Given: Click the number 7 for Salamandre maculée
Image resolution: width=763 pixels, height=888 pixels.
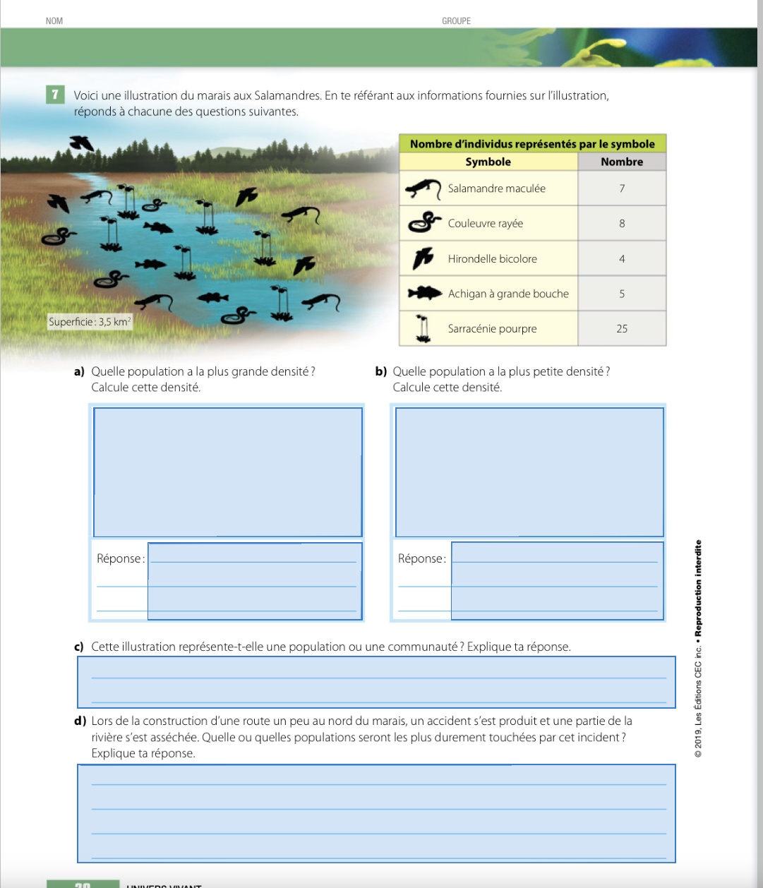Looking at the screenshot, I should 622,188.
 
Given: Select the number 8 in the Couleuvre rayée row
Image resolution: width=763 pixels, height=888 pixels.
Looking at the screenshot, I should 622,224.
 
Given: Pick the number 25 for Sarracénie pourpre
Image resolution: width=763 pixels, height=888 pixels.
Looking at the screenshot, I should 622,329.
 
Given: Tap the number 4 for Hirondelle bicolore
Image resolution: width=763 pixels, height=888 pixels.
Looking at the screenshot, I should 622,259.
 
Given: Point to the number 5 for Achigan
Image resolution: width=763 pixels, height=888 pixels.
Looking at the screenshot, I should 622,294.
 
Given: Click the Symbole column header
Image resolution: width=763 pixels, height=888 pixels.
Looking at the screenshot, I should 488,162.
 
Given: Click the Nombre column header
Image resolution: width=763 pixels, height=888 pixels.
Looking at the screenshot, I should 622,162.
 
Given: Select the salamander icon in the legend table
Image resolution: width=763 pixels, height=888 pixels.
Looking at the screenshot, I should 423,189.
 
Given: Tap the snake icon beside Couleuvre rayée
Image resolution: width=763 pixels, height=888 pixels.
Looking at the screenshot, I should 424,223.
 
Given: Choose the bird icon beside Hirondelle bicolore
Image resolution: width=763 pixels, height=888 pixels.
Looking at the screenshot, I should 424,258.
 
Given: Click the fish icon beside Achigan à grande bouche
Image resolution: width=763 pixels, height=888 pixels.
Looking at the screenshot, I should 424,293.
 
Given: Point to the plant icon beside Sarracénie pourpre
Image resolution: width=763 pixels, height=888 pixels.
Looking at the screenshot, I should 423,329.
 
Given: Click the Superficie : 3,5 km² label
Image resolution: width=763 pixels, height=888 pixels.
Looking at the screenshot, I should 90,322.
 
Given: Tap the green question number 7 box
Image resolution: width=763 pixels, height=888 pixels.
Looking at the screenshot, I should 54,95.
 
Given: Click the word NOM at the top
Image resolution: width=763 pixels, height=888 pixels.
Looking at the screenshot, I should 54,21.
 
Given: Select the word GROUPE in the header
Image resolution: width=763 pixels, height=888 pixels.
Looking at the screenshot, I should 456,21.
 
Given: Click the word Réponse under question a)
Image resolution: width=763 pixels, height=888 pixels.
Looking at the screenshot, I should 120,558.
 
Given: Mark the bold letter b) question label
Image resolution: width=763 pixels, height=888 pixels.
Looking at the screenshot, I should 381,371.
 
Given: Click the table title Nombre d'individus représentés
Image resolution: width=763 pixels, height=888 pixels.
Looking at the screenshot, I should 532,144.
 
